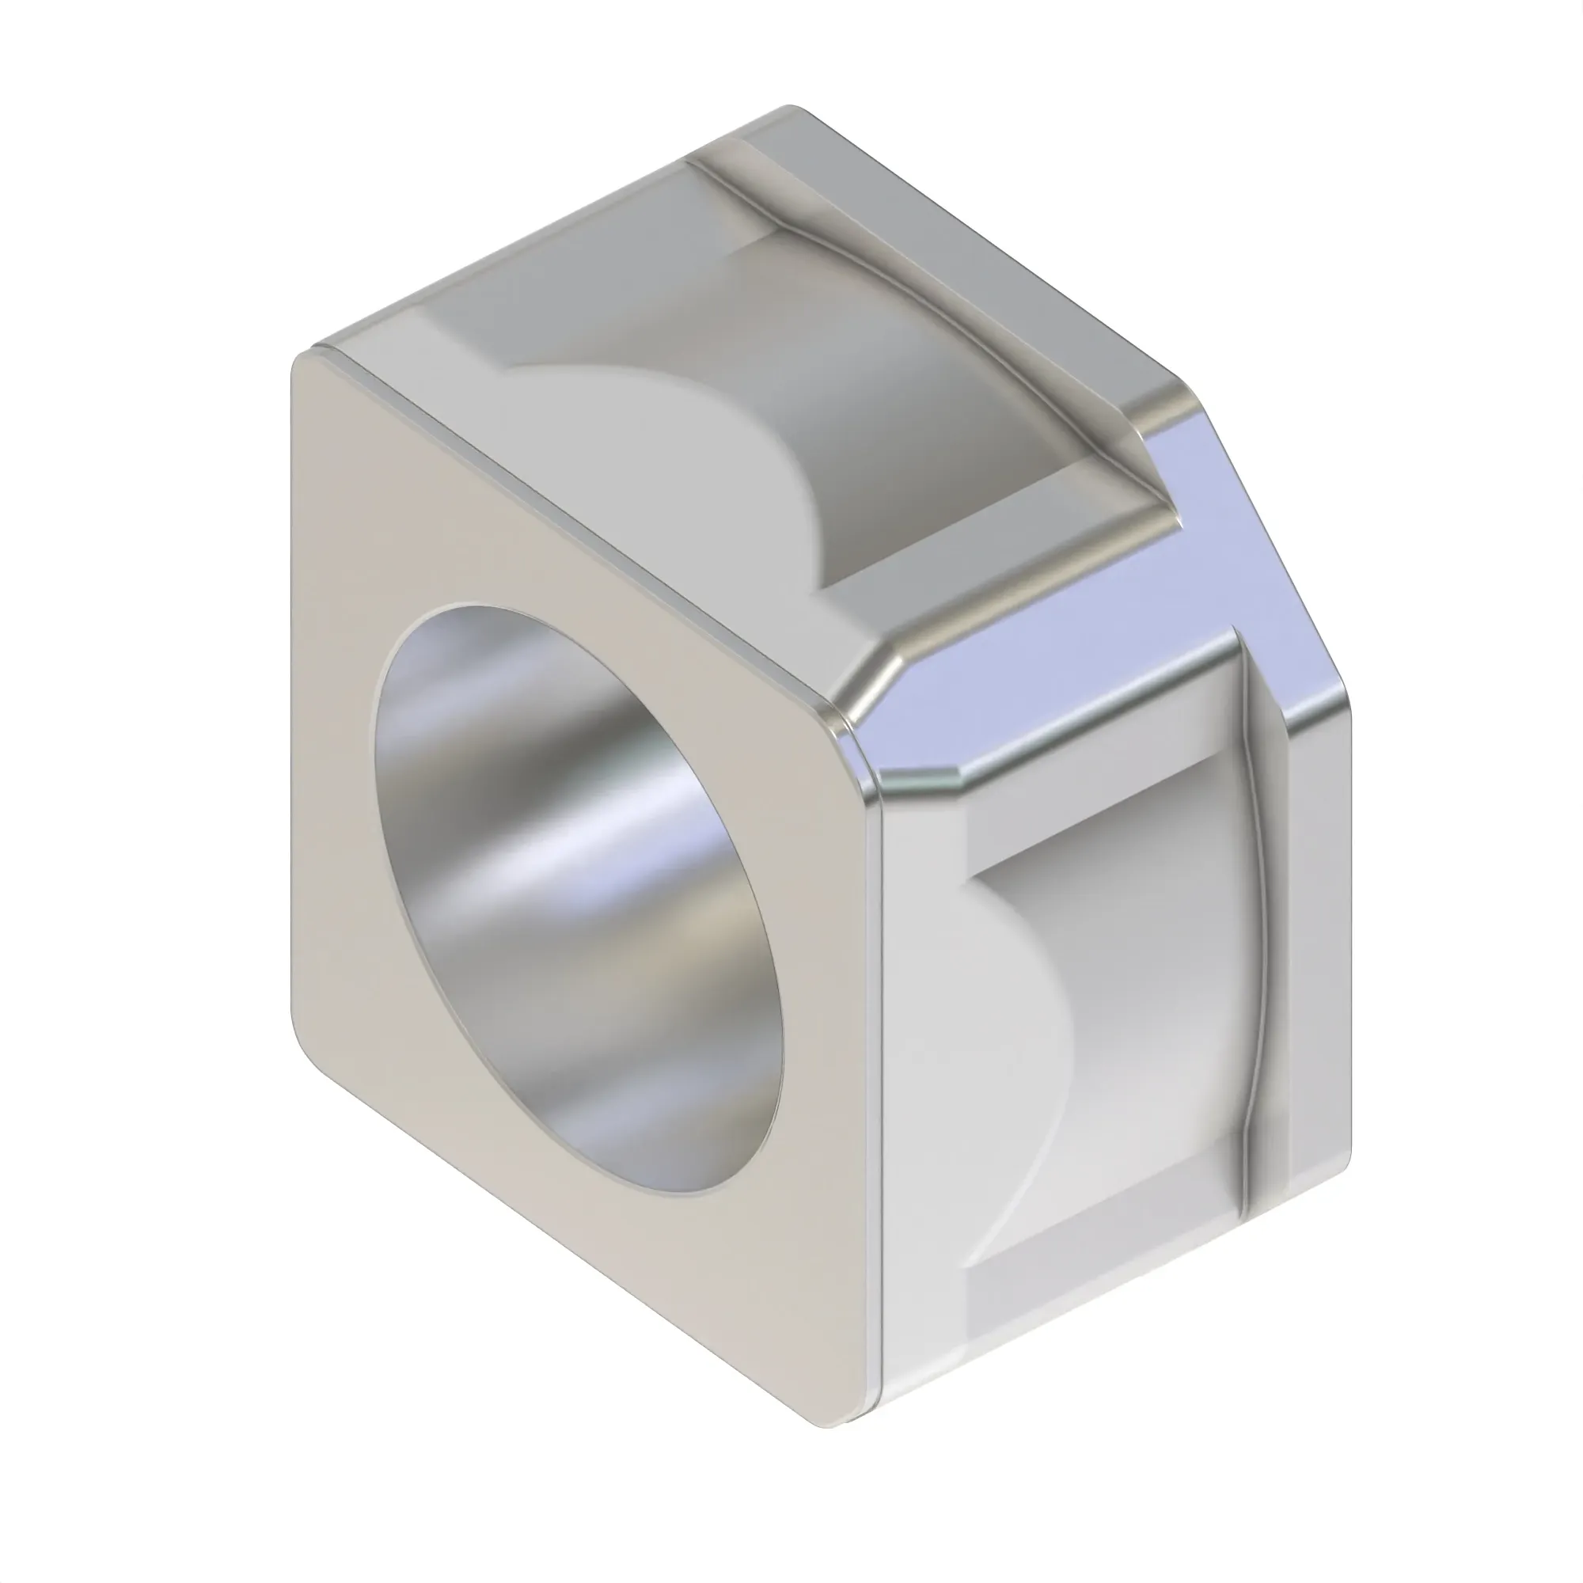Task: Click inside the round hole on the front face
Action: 574,902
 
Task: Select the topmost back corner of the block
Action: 788,108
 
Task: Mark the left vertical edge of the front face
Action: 293,697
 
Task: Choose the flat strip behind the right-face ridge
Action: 1311,942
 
